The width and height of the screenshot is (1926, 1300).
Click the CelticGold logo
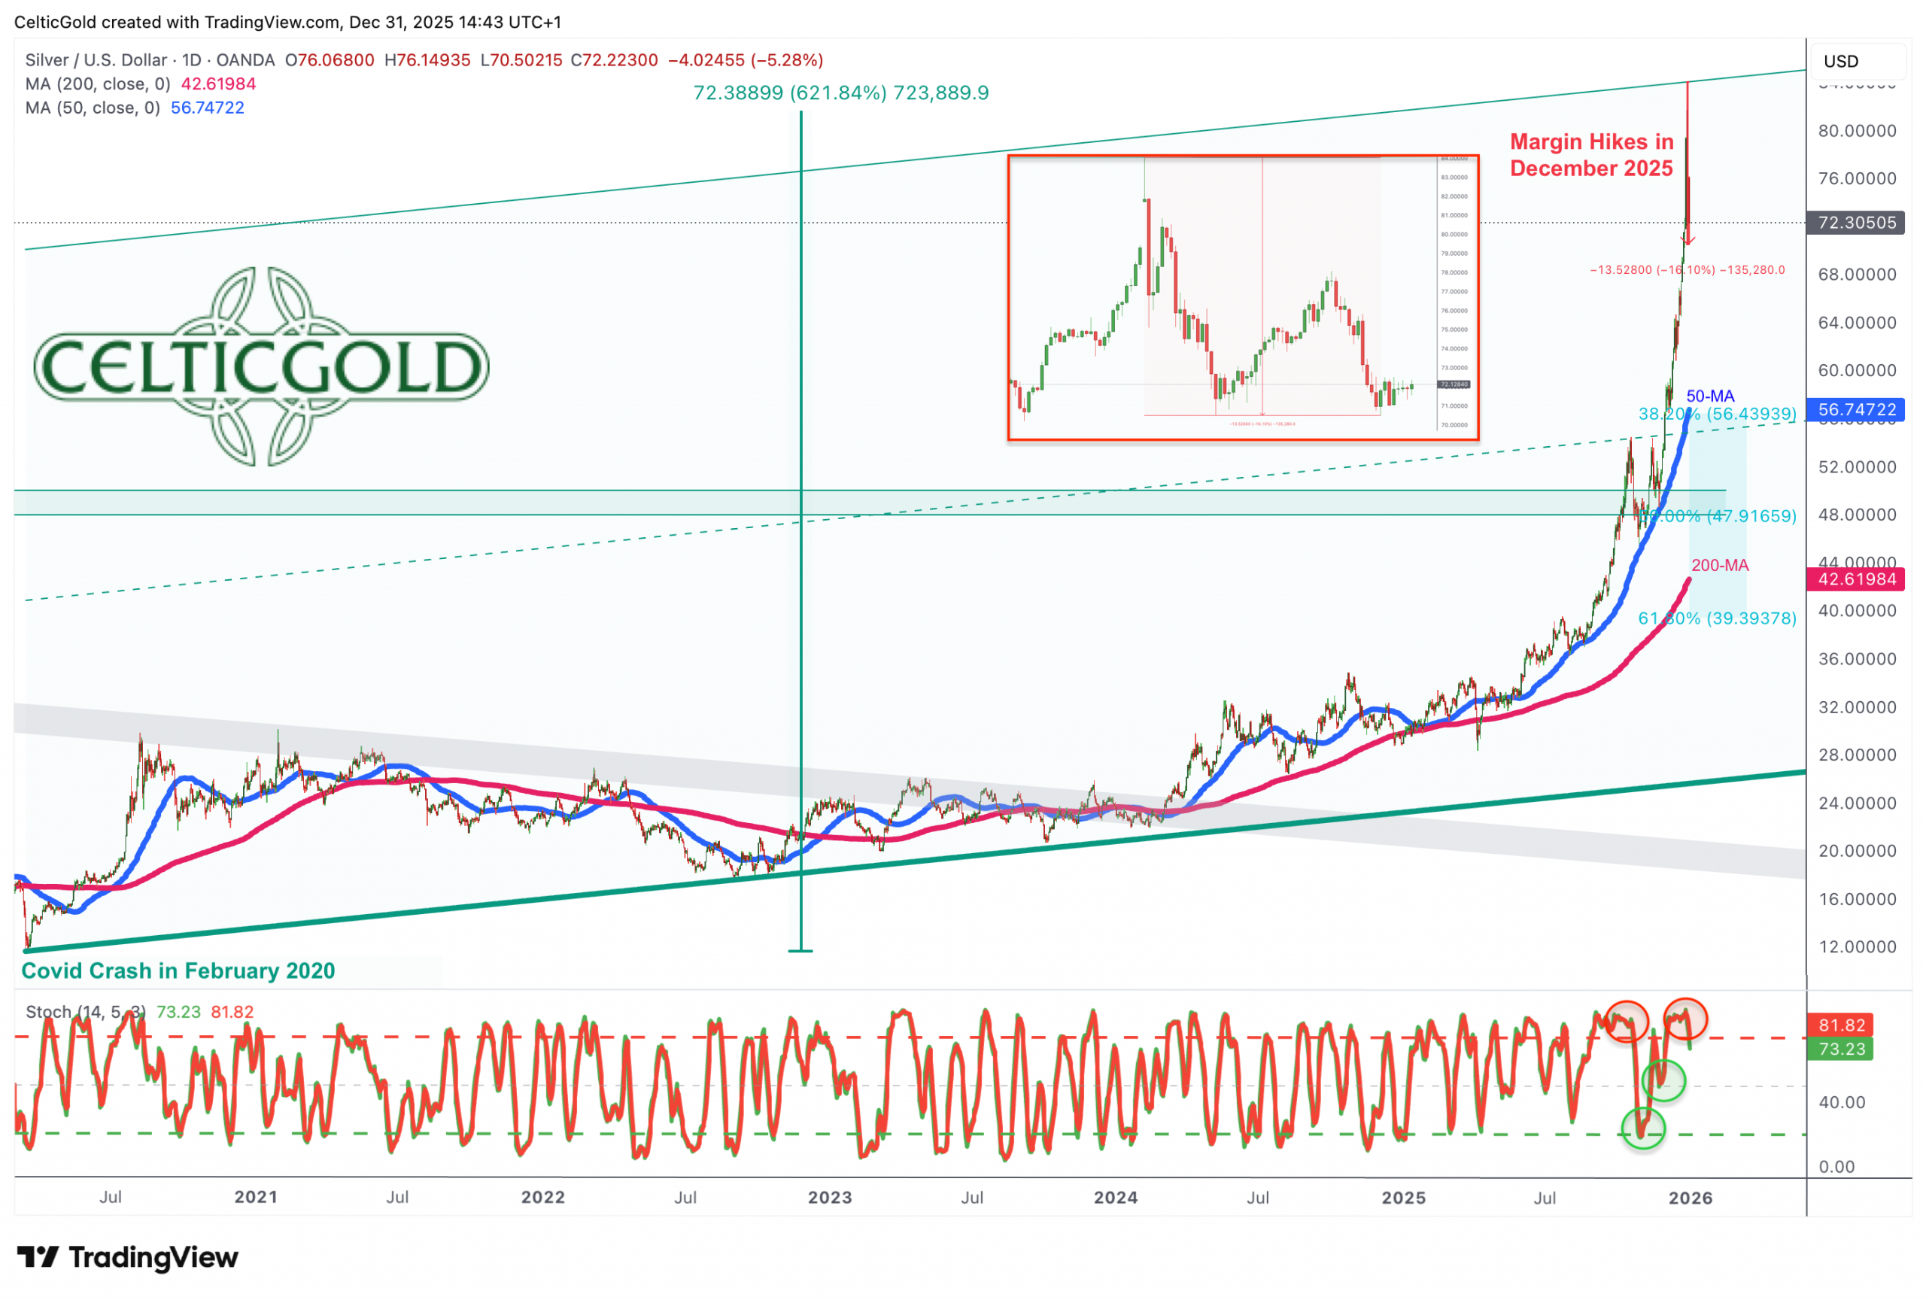pyautogui.click(x=261, y=366)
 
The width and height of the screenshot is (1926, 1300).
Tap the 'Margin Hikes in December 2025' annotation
pyautogui.click(x=1591, y=155)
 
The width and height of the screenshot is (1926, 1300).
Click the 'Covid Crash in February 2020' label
pyautogui.click(x=178, y=970)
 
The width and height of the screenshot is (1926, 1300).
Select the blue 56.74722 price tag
pyautogui.click(x=1856, y=409)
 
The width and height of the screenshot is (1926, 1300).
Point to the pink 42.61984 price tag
pyautogui.click(x=1856, y=579)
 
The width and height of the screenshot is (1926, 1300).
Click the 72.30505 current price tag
pyautogui.click(x=1856, y=222)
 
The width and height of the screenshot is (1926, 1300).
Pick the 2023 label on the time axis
pyautogui.click(x=830, y=1197)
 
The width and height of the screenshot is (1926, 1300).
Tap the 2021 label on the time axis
pyautogui.click(x=255, y=1197)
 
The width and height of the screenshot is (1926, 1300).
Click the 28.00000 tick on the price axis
pyautogui.click(x=1856, y=755)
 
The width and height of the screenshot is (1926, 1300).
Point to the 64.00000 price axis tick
pyautogui.click(x=1856, y=322)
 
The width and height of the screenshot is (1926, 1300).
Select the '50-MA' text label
pyautogui.click(x=1709, y=396)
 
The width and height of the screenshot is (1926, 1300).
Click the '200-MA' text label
pyautogui.click(x=1720, y=565)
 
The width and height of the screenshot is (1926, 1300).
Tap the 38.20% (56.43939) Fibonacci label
pyautogui.click(x=1717, y=414)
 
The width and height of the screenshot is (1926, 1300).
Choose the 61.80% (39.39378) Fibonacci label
pyautogui.click(x=1717, y=618)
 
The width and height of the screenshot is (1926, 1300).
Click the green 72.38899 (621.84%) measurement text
pyautogui.click(x=840, y=93)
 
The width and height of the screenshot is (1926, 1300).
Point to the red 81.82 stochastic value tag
pyautogui.click(x=1842, y=1025)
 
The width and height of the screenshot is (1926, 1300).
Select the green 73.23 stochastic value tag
pyautogui.click(x=1842, y=1049)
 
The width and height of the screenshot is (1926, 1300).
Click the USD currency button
pyautogui.click(x=1841, y=61)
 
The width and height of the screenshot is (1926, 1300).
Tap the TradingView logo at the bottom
pyautogui.click(x=128, y=1258)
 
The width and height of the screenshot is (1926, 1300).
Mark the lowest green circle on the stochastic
pyautogui.click(x=1642, y=1128)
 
